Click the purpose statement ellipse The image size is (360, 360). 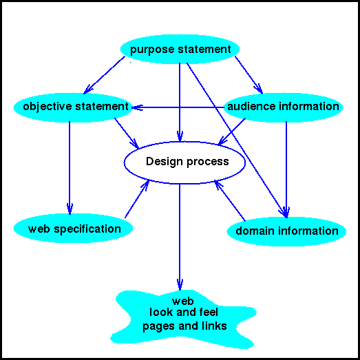click(180, 49)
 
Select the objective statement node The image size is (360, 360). click(73, 107)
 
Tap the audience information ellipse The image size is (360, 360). click(283, 107)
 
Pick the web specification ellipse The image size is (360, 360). click(73, 229)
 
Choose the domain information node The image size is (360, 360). click(286, 231)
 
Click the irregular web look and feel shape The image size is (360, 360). click(184, 319)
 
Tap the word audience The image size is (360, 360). click(251, 106)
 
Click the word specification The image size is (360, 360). click(87, 230)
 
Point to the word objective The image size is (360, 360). click(47, 107)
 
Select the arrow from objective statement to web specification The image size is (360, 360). click(70, 168)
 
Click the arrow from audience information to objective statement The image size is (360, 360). click(178, 107)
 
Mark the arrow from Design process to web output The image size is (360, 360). click(180, 237)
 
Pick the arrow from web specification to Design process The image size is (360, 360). click(137, 199)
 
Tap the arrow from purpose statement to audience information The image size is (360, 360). click(248, 75)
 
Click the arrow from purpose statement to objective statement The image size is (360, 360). click(104, 75)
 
